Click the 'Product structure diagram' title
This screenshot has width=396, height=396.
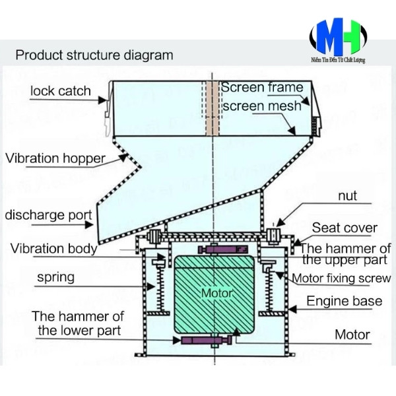94,54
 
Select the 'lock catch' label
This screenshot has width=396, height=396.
60,91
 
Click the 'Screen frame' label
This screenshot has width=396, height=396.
262,88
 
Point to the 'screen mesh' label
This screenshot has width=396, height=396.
261,106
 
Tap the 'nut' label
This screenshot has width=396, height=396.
347,197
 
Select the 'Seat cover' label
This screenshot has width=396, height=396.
345,228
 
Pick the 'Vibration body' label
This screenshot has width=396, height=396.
53,249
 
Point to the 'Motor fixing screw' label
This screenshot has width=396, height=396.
341,279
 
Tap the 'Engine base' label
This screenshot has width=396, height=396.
344,302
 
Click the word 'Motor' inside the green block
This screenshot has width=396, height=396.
213,292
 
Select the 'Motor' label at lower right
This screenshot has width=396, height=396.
352,335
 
